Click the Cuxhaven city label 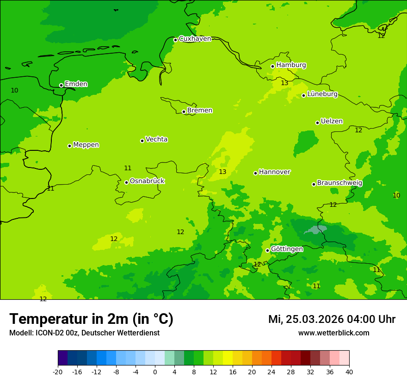(x=195, y=39)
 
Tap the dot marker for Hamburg (x=273, y=66)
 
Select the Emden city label (x=76, y=84)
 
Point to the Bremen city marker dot (x=184, y=111)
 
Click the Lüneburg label (x=322, y=94)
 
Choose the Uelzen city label (x=332, y=122)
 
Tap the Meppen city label (x=86, y=145)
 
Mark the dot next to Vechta (x=142, y=141)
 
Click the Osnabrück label (x=147, y=181)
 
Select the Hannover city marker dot (x=255, y=173)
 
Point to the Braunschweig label (x=339, y=183)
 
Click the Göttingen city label (x=287, y=249)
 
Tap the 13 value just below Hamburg (x=284, y=83)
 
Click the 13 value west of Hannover (x=222, y=172)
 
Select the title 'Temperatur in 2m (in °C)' (x=91, y=319)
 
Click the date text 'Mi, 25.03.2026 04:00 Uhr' (x=332, y=319)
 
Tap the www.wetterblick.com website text (x=333, y=333)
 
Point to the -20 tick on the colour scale (x=58, y=372)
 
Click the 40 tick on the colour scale (x=349, y=372)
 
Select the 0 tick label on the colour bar (x=155, y=372)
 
